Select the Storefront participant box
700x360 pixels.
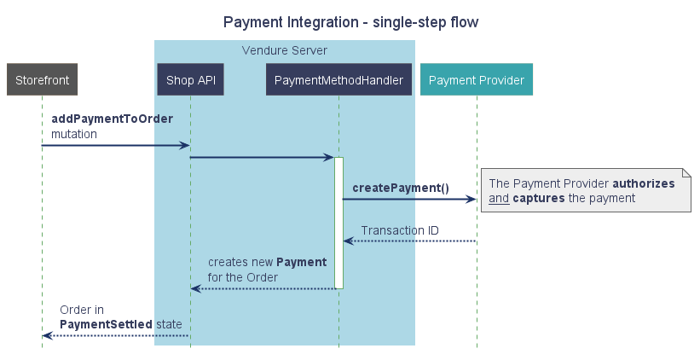coord(42,80)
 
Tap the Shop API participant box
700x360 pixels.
coord(190,80)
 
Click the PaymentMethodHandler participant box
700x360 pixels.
coord(339,80)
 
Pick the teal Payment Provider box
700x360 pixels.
coord(477,80)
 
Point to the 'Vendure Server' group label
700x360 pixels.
coord(284,50)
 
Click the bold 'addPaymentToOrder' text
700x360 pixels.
coord(112,119)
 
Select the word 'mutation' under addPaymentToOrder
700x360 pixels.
coord(73,134)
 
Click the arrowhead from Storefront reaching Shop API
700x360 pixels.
coord(184,146)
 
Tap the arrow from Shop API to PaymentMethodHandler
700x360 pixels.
coord(260,157)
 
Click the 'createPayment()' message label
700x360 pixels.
coord(400,188)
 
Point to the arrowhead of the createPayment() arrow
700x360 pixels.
coord(471,200)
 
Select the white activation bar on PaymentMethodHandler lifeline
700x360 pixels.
coord(338,222)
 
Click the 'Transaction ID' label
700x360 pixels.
coord(399,230)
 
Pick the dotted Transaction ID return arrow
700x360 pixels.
coord(409,241)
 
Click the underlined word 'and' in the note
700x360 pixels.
coord(499,199)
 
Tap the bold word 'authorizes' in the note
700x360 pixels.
coord(644,183)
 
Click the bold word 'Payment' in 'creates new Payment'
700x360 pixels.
coord(302,262)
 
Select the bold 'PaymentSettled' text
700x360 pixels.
coord(106,324)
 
